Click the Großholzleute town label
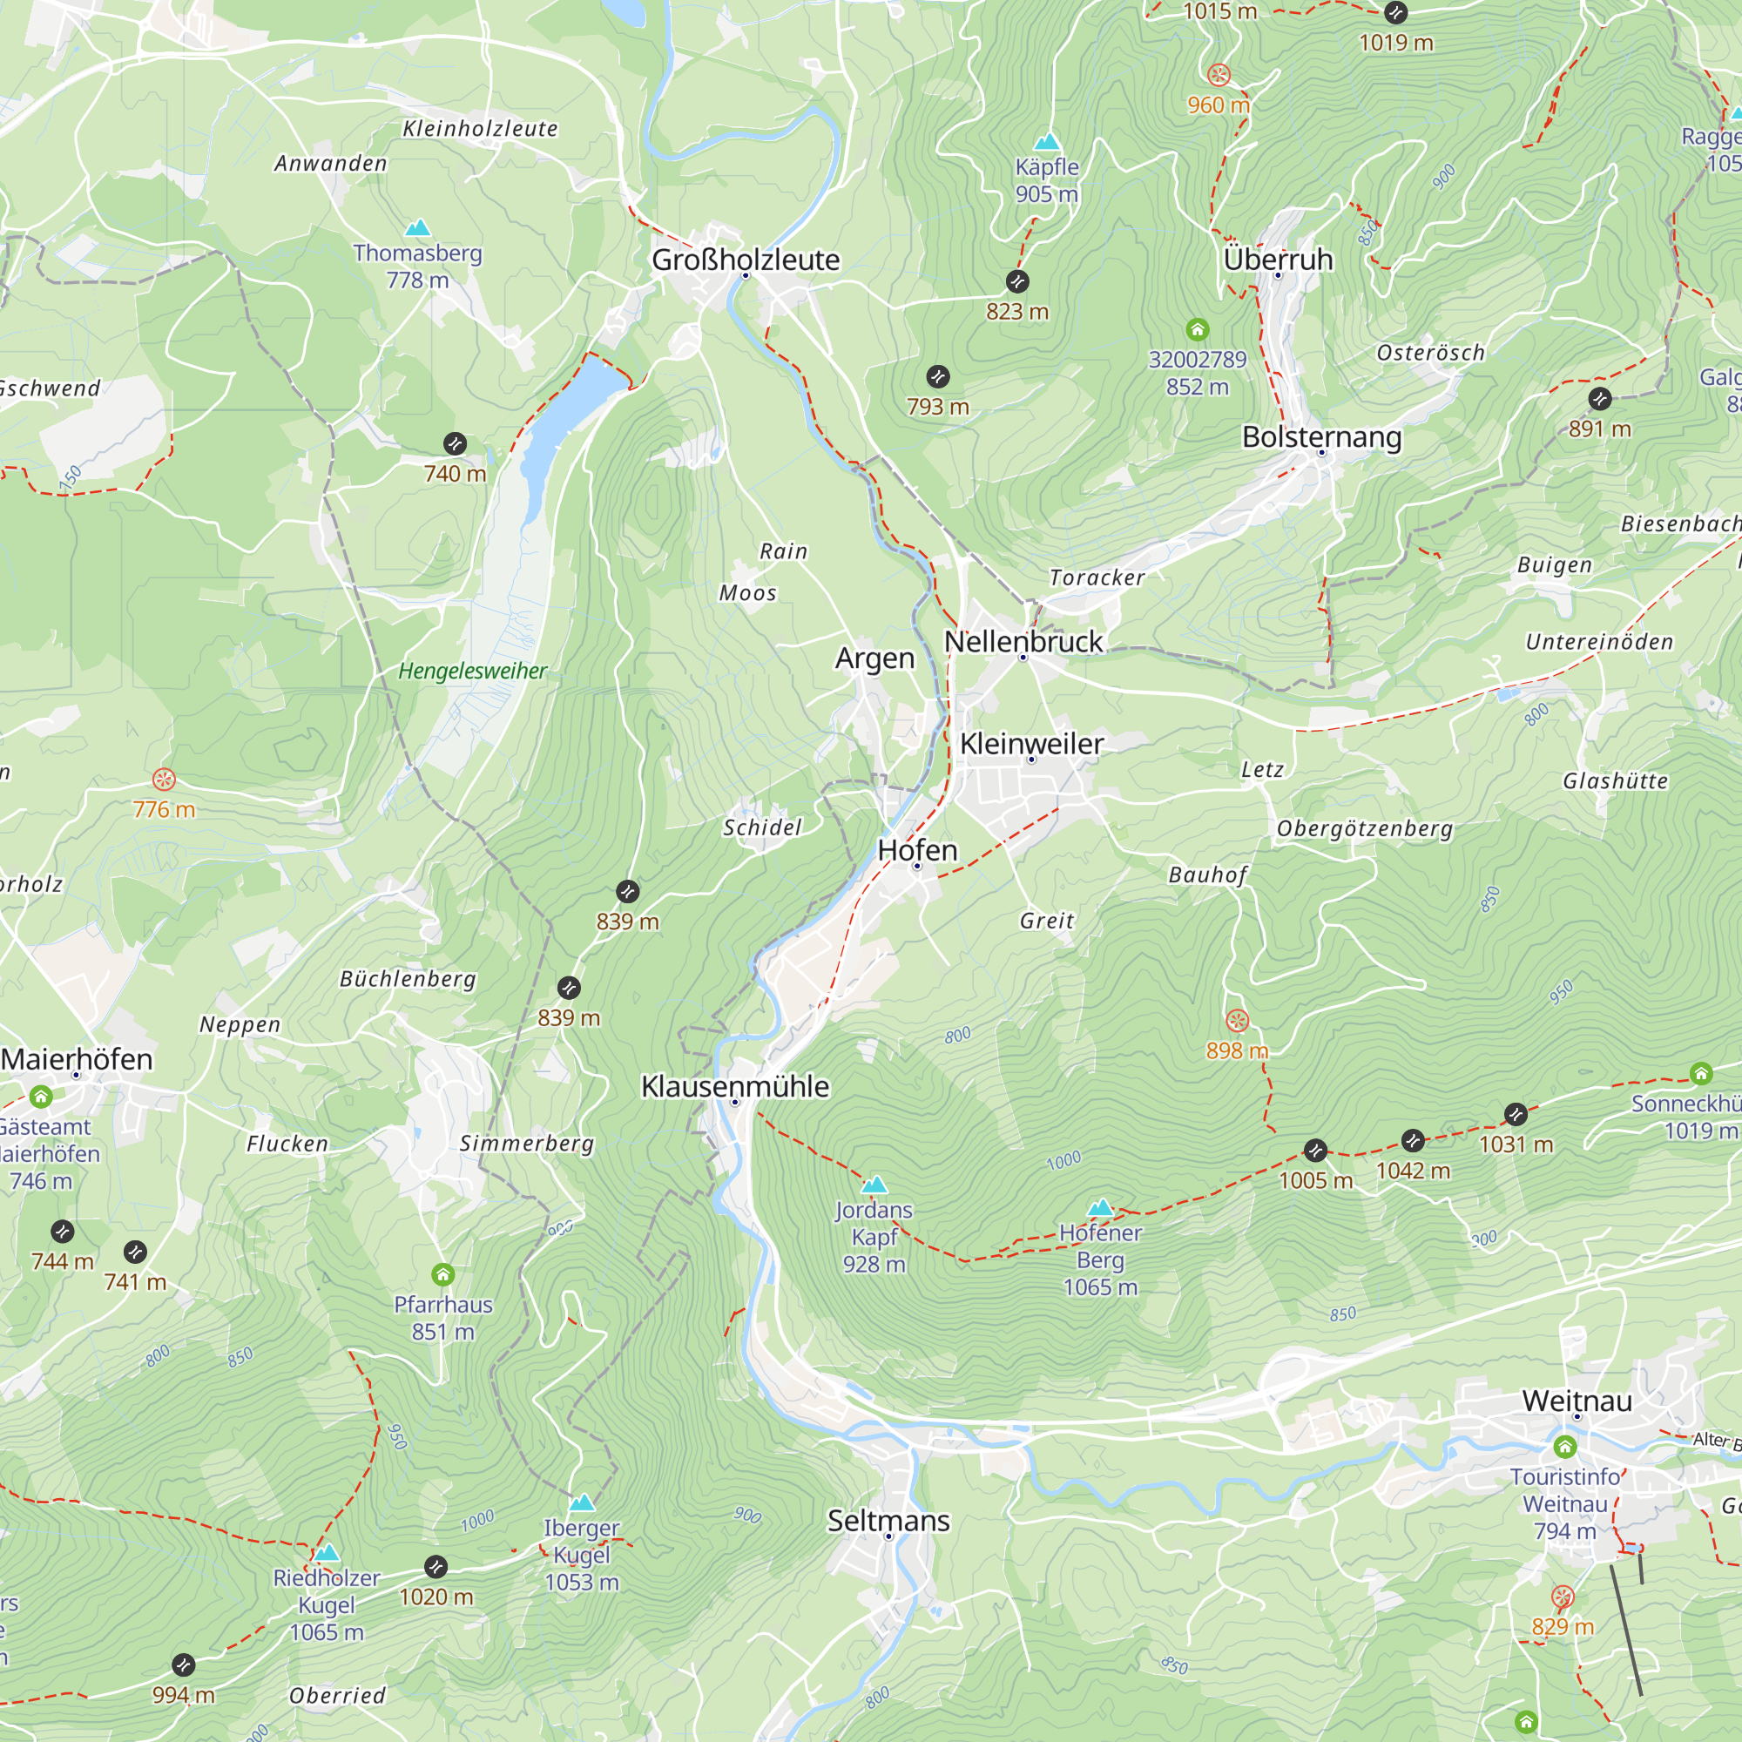(745, 260)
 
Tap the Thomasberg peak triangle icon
(416, 228)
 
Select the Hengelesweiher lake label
(472, 671)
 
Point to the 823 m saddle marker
(1017, 281)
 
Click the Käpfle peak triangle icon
(1046, 143)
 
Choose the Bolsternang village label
(1321, 436)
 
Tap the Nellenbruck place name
(1023, 641)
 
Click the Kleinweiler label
(1030, 743)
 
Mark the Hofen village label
(917, 849)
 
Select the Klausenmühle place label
(734, 1085)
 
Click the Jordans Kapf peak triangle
(874, 1185)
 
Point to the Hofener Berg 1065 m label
(1100, 1259)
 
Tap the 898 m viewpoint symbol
(1237, 1020)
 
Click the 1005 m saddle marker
(1314, 1151)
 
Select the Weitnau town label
(1577, 1401)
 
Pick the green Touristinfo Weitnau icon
(1564, 1447)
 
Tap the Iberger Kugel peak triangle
(582, 1503)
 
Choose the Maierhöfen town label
(77, 1058)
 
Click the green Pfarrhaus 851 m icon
(442, 1274)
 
